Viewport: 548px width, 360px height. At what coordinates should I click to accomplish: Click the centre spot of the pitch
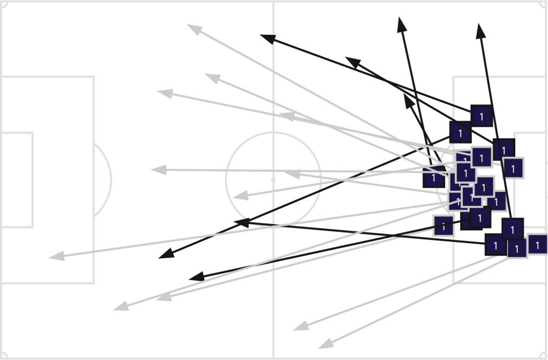274,180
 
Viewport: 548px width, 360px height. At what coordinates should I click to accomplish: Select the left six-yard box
17,180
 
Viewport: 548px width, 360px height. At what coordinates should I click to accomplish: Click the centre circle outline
227,180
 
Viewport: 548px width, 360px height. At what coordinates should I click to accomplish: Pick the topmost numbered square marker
481,116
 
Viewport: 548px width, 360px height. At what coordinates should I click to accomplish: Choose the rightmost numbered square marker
537,245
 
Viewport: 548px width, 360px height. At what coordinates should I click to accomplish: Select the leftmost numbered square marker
433,177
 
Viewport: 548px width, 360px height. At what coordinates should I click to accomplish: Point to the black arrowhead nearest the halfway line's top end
267,37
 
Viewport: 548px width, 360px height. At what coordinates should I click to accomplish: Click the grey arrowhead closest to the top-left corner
193,28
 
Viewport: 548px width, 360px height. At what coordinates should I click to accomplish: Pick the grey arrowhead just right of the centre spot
292,174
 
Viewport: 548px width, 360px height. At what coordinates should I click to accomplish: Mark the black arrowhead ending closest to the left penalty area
167,254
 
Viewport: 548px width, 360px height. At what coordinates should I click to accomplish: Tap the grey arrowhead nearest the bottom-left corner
121,307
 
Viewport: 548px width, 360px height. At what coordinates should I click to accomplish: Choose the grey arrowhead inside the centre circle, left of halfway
240,196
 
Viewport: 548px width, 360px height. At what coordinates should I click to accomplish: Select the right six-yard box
530,180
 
